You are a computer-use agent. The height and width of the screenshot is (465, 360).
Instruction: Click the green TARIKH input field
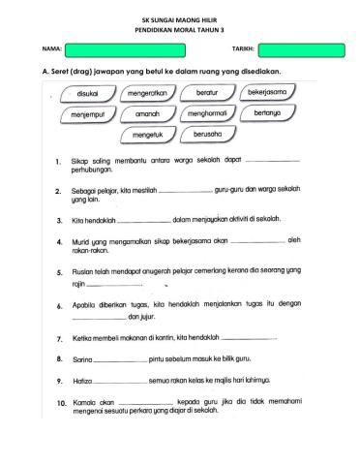coord(301,49)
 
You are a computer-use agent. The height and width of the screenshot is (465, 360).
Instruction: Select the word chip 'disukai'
coord(85,93)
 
